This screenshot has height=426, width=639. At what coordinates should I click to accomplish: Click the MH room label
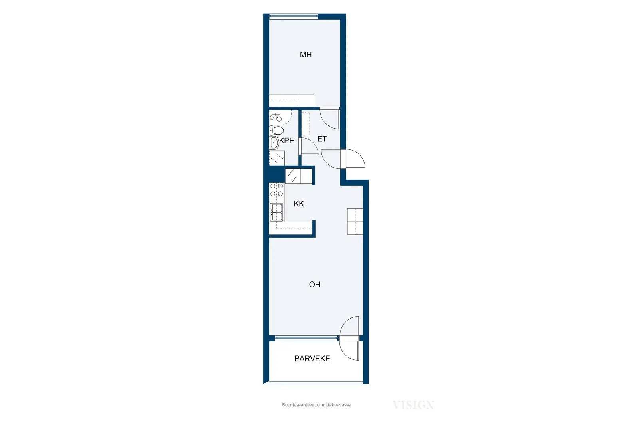point(306,55)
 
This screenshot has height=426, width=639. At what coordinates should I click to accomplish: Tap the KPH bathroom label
point(287,141)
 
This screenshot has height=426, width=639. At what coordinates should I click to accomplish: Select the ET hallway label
point(322,139)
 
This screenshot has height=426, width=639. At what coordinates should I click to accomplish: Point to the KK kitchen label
point(299,204)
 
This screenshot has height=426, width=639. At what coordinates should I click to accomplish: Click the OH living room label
point(315,285)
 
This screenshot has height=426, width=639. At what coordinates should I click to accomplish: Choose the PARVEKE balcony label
point(312,359)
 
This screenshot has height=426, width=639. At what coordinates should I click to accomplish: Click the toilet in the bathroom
point(276,131)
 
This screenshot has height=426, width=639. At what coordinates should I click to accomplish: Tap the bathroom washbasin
point(274,143)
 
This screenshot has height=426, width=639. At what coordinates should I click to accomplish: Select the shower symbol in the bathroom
point(276,117)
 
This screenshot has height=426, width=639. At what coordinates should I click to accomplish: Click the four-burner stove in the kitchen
point(276,190)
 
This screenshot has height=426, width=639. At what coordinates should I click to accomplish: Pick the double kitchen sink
point(276,212)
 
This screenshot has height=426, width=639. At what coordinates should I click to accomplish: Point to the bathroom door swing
point(310,146)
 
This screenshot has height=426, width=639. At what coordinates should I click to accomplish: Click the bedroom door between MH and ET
point(330,118)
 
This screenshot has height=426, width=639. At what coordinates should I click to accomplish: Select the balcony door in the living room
point(349,338)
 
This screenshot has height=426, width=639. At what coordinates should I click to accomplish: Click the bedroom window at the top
point(294,16)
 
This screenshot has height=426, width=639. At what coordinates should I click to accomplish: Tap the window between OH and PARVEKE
point(306,339)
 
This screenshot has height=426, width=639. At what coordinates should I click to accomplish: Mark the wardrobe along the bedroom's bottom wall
point(292,101)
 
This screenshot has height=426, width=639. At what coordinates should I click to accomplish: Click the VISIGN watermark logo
point(413,404)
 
